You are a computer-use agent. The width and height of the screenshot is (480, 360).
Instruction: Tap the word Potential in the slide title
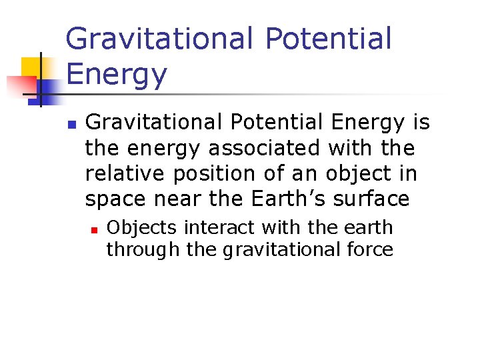coord(328,39)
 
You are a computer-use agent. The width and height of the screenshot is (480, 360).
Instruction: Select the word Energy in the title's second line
coord(117,75)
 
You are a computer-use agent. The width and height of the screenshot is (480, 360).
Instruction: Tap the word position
coord(215,173)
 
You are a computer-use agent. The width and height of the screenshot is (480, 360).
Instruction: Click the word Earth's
coord(291,199)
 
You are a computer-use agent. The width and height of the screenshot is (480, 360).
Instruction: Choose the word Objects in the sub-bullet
coord(142,228)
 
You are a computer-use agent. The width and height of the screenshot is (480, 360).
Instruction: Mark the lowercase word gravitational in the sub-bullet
coord(271,250)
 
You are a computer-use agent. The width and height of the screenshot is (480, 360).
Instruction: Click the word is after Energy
coord(421,123)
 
